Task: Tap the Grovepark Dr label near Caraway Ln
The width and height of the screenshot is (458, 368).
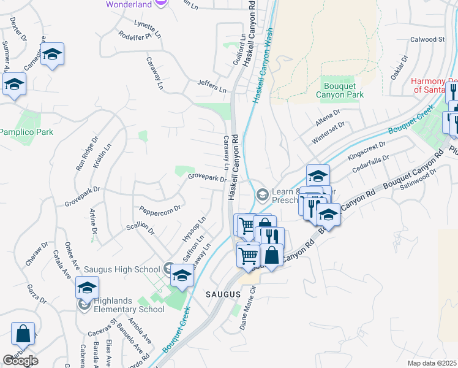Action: coord(207,177)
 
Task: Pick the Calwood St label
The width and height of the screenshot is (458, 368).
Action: coord(427,39)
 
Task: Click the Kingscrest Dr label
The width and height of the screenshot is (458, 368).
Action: coord(367,151)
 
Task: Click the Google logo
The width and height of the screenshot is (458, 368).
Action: coord(20,360)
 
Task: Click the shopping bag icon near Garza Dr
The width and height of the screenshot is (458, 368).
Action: coord(23,334)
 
